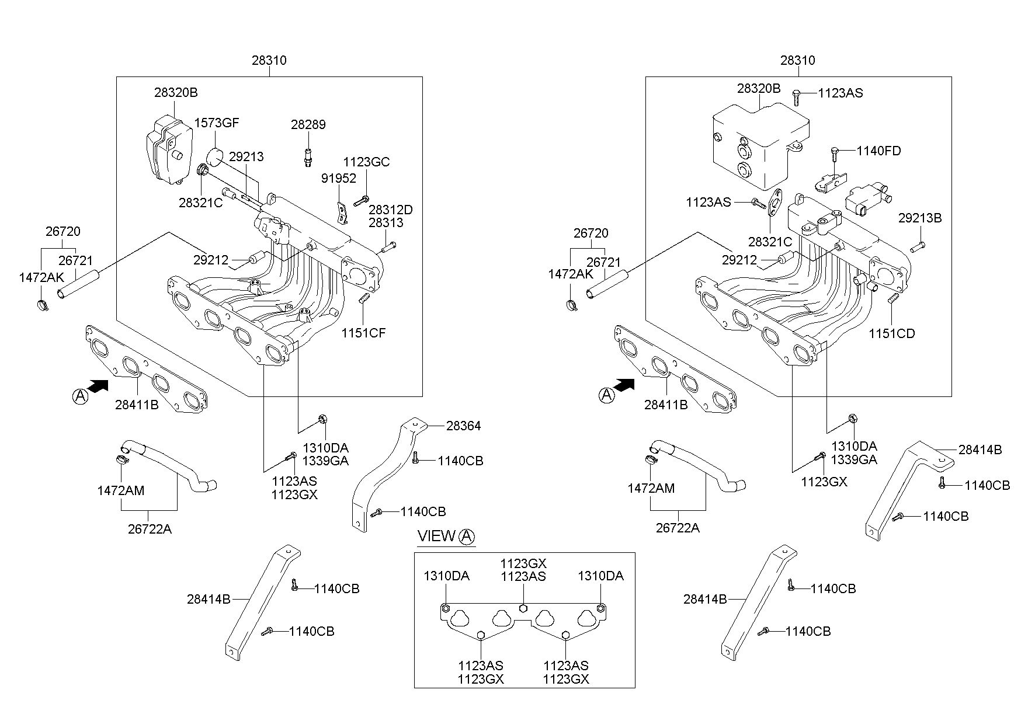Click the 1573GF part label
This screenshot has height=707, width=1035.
[x=217, y=123]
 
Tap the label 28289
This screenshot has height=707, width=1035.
[x=308, y=124]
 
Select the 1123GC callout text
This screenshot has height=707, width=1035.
[x=366, y=162]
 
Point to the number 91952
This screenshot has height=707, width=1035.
[x=339, y=178]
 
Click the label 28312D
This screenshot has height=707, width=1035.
[x=391, y=209]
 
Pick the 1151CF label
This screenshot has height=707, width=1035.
[x=364, y=333]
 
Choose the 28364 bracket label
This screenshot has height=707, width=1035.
[x=463, y=426]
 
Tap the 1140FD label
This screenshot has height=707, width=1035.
[x=879, y=151]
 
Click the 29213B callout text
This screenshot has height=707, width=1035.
[x=920, y=218]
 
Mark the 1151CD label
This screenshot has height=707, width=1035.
[x=892, y=333]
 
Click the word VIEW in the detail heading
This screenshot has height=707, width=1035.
[x=436, y=536]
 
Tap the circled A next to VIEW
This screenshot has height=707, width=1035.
[x=467, y=537]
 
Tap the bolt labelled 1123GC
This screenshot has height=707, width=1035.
[x=360, y=200]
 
